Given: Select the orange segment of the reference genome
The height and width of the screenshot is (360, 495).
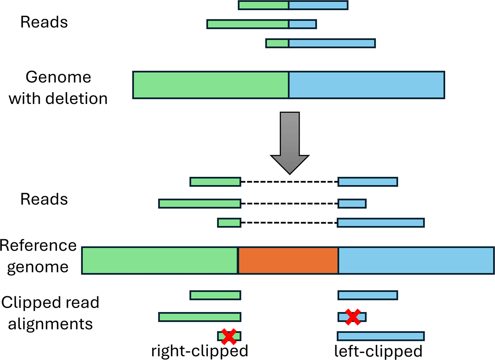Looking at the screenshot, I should [x=288, y=261].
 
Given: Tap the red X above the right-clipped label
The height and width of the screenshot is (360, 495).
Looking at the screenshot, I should [x=229, y=336].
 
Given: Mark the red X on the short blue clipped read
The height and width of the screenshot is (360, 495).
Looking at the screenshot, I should [x=353, y=317].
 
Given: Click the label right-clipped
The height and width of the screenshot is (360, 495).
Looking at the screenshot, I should [x=200, y=350].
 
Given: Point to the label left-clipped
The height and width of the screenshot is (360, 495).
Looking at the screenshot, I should [x=378, y=350].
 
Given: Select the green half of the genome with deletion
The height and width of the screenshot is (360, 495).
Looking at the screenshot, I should [x=211, y=85].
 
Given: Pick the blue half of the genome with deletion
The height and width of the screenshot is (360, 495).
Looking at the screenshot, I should [x=367, y=85].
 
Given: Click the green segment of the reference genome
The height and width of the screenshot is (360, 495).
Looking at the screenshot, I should [x=160, y=261].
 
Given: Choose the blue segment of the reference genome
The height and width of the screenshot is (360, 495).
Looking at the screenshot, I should [x=416, y=261].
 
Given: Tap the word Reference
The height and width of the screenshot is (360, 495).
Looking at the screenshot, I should [x=38, y=246].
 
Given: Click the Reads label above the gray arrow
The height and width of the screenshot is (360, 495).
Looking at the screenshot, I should [x=44, y=22].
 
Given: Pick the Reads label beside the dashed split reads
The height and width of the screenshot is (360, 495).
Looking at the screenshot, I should [x=44, y=199].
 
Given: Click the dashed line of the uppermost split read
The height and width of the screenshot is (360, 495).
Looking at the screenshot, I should [x=289, y=182].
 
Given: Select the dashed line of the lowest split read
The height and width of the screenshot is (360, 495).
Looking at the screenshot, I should [x=289, y=223].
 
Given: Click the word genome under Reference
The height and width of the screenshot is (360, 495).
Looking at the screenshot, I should [x=38, y=267].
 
